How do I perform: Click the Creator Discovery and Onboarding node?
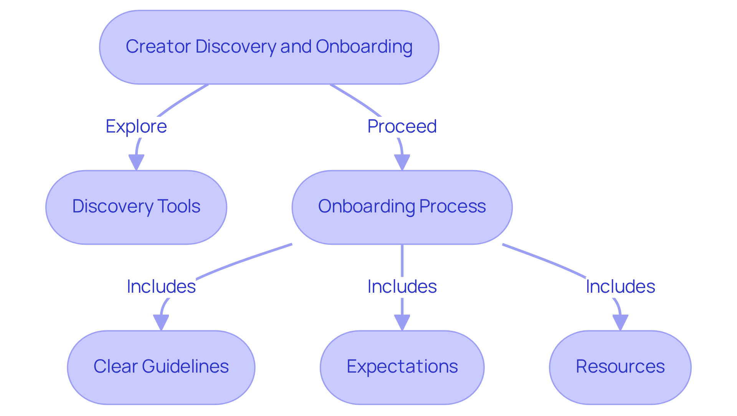[269, 47]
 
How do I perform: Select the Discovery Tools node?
[136, 207]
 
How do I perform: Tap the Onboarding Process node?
[402, 207]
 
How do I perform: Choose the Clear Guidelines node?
[161, 367]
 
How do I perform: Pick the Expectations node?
[402, 367]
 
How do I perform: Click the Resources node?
[620, 367]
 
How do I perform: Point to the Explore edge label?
[136, 126]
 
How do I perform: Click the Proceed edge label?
[402, 126]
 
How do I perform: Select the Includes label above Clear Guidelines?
[161, 287]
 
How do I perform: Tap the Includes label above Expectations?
[402, 287]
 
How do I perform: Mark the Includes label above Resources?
[620, 287]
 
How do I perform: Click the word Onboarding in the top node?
[364, 47]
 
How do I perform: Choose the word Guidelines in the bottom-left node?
[185, 366]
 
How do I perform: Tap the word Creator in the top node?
[158, 47]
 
